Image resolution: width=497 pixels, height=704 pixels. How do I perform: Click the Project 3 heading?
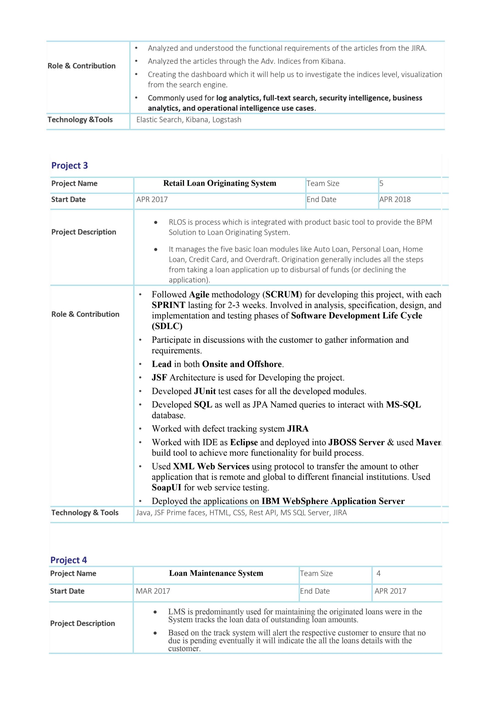(x=70, y=166)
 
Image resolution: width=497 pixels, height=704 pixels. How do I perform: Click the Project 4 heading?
(x=69, y=560)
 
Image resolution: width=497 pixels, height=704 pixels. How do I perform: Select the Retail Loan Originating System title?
(x=220, y=183)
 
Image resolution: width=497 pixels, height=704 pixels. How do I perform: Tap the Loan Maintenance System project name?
(x=216, y=573)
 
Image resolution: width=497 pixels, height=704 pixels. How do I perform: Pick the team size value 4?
(x=378, y=573)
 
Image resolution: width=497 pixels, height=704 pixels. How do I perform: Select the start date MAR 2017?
(x=153, y=591)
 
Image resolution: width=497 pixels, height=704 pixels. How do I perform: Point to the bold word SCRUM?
(x=282, y=295)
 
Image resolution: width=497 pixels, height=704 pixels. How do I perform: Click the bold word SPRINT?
(x=168, y=305)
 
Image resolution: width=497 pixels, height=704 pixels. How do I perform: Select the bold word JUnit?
(x=205, y=391)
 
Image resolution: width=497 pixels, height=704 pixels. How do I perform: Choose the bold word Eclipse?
(x=244, y=442)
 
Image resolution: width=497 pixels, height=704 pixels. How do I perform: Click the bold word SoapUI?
(x=166, y=488)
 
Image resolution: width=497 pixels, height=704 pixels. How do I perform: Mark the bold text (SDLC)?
(x=167, y=326)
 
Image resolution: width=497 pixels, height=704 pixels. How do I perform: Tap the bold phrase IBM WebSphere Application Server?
(x=333, y=501)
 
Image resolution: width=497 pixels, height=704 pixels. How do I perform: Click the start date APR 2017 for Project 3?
(x=152, y=200)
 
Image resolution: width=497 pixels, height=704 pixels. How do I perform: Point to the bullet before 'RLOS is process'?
(x=156, y=222)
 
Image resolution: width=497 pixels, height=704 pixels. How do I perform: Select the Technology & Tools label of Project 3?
(x=85, y=513)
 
